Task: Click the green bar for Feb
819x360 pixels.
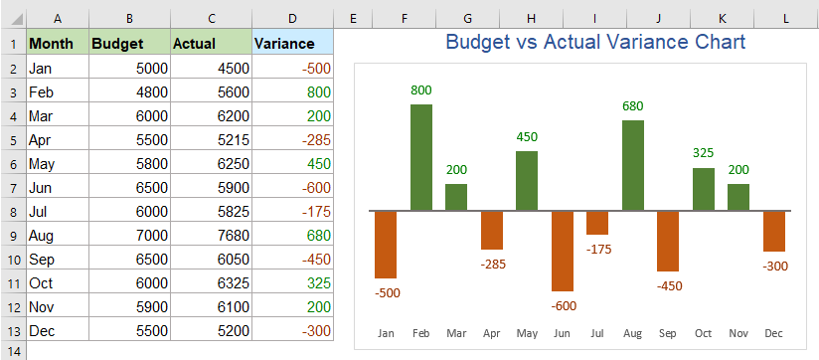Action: tap(421, 157)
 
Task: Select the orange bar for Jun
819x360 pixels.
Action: tap(563, 251)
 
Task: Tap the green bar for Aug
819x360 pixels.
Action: tap(633, 165)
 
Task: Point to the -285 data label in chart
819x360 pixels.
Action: tap(492, 265)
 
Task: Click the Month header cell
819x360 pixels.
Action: tap(56, 44)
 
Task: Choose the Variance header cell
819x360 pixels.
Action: tap(292, 44)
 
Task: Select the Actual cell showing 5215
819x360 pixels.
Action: tap(210, 139)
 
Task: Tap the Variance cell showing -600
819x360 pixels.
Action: tap(292, 186)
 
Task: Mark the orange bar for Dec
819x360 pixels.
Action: tap(774, 231)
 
